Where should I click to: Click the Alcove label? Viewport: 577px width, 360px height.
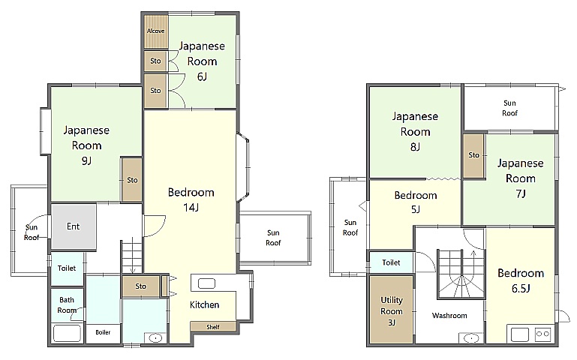pos(155,31)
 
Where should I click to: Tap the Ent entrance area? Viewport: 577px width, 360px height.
pos(74,226)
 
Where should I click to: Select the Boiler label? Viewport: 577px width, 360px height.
pos(103,332)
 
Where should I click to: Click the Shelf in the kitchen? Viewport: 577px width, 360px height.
pos(213,326)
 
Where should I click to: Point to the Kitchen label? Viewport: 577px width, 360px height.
pos(205,304)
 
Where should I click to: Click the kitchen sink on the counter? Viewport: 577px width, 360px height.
pos(206,283)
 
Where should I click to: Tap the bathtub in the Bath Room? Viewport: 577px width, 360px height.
pos(67,334)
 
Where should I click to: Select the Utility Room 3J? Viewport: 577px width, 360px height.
pos(391,310)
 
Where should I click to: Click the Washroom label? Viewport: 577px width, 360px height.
pos(449,316)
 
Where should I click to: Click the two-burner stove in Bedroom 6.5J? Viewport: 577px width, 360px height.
pos(542,334)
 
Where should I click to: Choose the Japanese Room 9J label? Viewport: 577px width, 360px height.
pos(86,145)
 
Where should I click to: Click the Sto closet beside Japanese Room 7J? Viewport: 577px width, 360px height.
pos(473,156)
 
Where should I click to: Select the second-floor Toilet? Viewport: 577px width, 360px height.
pos(391,262)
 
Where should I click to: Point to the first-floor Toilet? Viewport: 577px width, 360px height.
pos(67,268)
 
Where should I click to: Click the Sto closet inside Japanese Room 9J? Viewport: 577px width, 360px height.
pos(132,180)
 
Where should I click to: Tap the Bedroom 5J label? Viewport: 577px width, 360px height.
pos(416,202)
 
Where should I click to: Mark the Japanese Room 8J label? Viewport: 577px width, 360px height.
pos(415,131)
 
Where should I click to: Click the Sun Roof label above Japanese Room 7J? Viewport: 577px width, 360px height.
pos(509,108)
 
